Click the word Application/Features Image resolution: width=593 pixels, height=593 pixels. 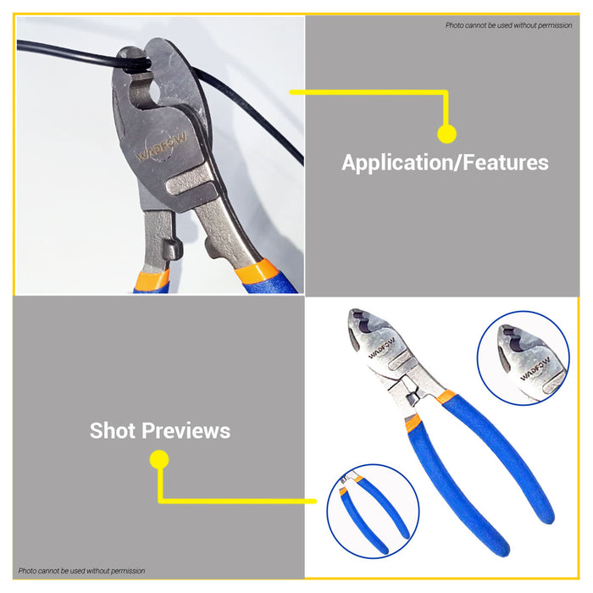[445, 163]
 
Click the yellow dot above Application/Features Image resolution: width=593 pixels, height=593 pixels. [446, 133]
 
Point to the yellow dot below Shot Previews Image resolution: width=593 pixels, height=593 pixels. [158, 460]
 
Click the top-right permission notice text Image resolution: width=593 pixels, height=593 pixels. [509, 25]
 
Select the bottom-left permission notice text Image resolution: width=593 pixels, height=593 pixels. [81, 571]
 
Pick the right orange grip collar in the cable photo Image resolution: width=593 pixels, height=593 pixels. [257, 271]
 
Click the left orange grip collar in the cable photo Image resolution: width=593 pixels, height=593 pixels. [152, 277]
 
